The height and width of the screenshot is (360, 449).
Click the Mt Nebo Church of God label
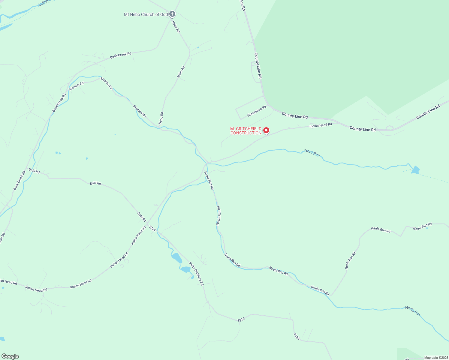tap(146, 14)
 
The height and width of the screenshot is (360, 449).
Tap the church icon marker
tap(172, 14)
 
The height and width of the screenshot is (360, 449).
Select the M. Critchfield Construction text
tap(246, 131)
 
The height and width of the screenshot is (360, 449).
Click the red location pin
tap(266, 130)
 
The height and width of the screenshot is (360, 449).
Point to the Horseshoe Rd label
tap(257, 111)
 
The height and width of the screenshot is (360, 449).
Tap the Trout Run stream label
tap(312, 153)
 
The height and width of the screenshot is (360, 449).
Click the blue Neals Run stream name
tap(413, 311)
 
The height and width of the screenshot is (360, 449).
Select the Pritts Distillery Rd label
tap(196, 274)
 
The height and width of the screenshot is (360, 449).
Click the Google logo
tap(10, 356)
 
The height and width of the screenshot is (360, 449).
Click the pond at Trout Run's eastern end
tap(415, 170)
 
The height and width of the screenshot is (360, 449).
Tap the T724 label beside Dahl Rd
tap(152, 229)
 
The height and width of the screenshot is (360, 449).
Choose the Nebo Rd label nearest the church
tap(176, 26)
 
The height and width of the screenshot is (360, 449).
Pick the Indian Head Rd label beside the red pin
tap(321, 125)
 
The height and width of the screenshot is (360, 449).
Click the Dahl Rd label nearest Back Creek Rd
tap(34, 171)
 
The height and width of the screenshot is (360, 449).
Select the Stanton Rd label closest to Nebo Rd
tap(140, 111)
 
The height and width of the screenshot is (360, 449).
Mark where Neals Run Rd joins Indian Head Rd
tap(207, 163)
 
